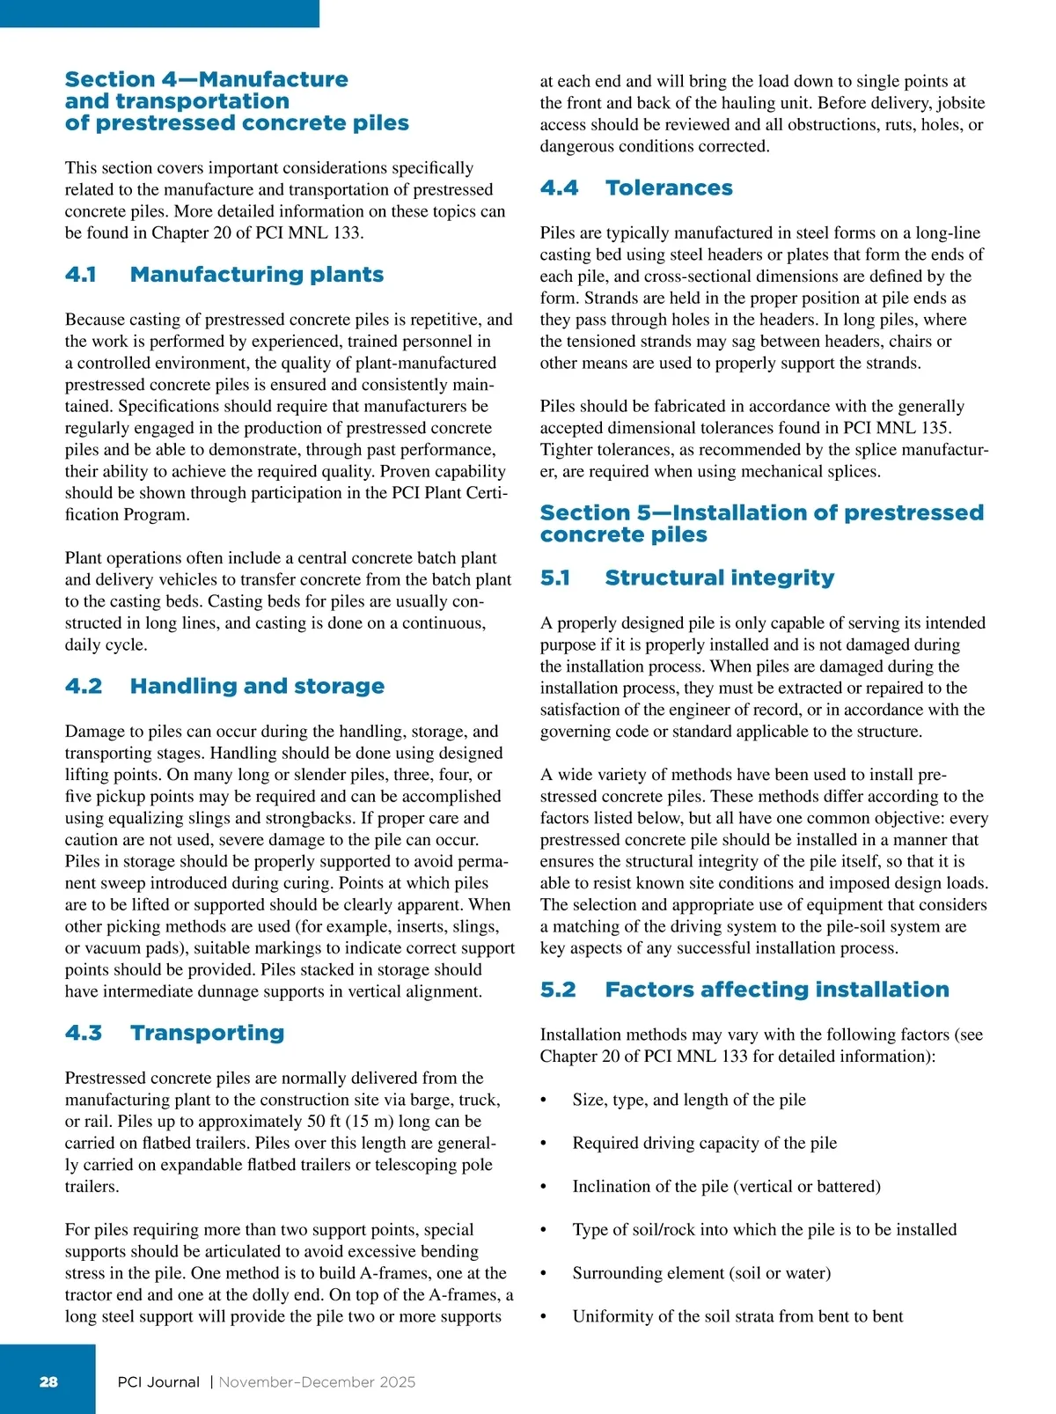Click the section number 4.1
(x=80, y=275)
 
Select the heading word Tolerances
(x=669, y=188)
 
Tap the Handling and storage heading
(x=257, y=686)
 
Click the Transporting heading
(x=207, y=1033)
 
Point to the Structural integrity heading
(x=719, y=578)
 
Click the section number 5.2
(x=558, y=990)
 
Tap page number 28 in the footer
(x=48, y=1381)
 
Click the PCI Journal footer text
(x=158, y=1382)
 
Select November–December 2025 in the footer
(x=317, y=1382)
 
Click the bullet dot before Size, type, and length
(x=544, y=1101)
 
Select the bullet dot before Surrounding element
(x=544, y=1274)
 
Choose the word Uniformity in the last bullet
(x=612, y=1316)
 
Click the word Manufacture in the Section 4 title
(x=273, y=79)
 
